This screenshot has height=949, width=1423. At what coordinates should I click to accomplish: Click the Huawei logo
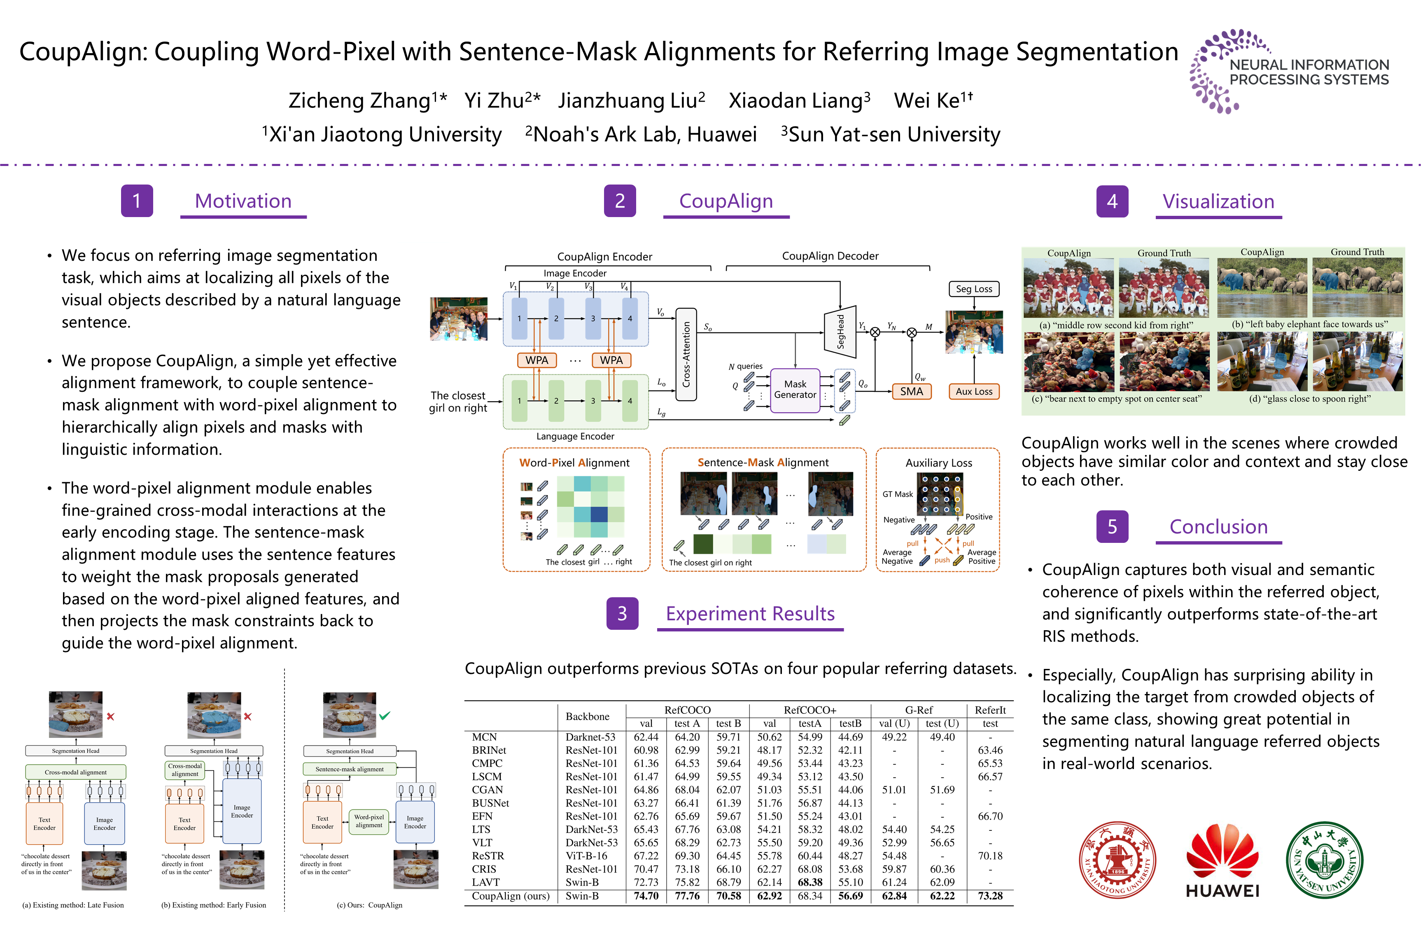(x=1222, y=860)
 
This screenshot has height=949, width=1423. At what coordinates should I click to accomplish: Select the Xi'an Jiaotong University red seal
(x=1117, y=860)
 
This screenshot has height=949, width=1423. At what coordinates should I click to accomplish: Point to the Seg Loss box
(x=973, y=289)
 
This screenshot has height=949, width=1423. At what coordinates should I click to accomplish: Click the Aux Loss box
(x=973, y=392)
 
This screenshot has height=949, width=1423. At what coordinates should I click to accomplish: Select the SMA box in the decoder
(x=911, y=392)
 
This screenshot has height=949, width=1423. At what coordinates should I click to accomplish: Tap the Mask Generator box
(x=795, y=390)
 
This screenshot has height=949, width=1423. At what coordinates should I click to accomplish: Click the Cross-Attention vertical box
(x=686, y=354)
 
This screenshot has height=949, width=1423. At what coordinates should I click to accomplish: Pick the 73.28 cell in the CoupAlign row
(x=990, y=896)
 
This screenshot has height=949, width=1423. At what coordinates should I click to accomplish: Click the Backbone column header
(x=587, y=717)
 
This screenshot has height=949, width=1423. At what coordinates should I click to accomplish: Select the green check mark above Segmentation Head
(x=385, y=716)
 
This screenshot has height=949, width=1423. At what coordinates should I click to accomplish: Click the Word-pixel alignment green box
(x=369, y=821)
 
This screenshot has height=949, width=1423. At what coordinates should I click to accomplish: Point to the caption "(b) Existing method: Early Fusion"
(x=214, y=905)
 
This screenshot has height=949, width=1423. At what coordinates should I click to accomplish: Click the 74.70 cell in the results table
(x=646, y=896)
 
